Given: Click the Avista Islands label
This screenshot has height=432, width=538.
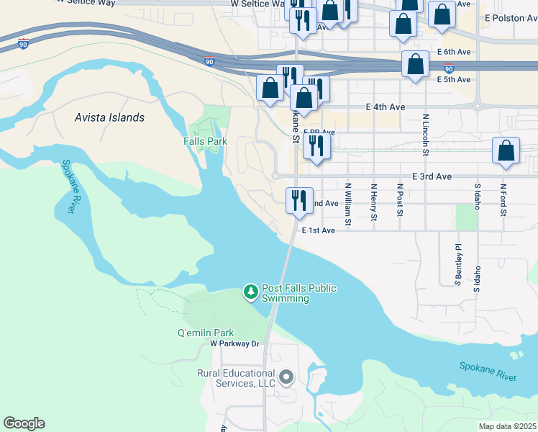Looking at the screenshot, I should [110, 117].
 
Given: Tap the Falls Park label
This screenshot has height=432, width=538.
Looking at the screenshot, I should [205, 141].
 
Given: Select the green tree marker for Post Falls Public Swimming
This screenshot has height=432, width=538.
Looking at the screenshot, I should [250, 292].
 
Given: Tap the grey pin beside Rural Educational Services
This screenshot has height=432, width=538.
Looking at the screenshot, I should [286, 377].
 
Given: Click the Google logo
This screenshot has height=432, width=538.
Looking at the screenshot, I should [24, 423].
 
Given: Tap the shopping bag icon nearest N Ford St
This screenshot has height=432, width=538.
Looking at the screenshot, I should [506, 151].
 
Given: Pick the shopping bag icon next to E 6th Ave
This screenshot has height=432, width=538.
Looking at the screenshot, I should [416, 64].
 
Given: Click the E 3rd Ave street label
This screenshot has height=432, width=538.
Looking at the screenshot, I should [432, 176].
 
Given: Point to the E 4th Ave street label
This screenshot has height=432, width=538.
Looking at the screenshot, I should [386, 107].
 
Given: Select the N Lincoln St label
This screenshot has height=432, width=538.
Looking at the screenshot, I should [426, 135].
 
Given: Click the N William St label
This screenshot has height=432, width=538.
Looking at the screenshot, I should [347, 204].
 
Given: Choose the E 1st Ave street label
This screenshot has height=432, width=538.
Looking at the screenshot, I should [319, 230].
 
